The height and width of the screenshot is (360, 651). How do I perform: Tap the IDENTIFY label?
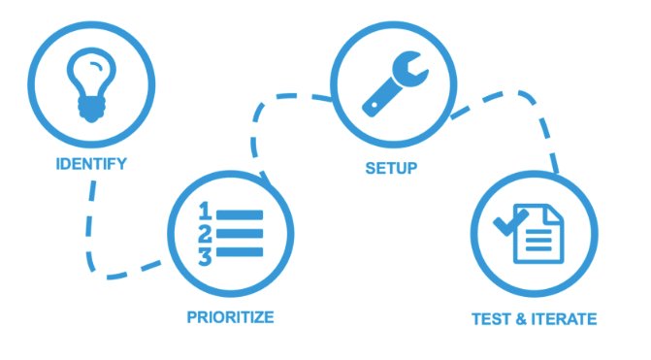90,165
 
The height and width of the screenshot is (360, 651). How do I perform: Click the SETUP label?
391,168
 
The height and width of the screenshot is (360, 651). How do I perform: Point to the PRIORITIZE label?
230,316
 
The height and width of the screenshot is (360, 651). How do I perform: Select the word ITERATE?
564,318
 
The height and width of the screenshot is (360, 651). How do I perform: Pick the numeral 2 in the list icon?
205,233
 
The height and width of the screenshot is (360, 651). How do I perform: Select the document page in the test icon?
537,234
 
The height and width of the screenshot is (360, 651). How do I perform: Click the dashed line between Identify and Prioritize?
91,233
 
